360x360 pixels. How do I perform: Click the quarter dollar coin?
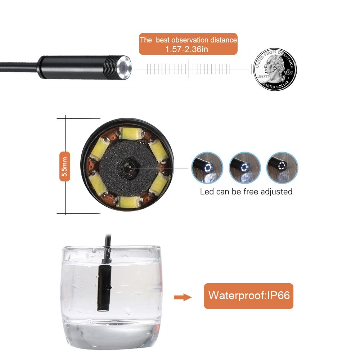pyautogui.click(x=275, y=69)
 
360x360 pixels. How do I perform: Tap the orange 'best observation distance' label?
pyautogui.click(x=188, y=44)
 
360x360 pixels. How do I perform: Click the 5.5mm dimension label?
pyautogui.click(x=65, y=166)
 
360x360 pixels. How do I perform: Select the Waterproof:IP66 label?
pyautogui.click(x=249, y=296)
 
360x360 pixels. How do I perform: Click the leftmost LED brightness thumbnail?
pyautogui.click(x=207, y=168)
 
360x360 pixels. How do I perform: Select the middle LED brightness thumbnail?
pyautogui.click(x=245, y=168)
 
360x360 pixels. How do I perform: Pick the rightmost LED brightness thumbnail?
pyautogui.click(x=282, y=168)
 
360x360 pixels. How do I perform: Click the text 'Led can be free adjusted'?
pyautogui.click(x=246, y=192)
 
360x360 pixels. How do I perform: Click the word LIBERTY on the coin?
pyautogui.click(x=263, y=77)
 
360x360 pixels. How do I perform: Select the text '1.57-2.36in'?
pyautogui.click(x=186, y=49)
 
